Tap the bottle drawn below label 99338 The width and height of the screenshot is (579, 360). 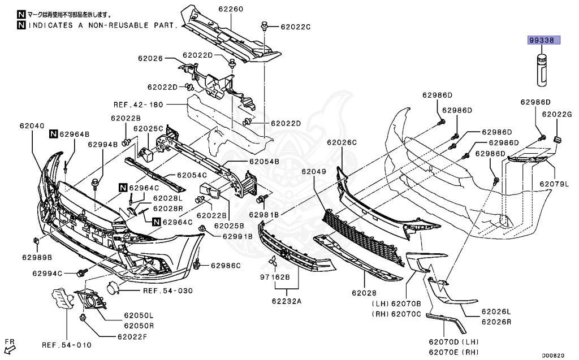point(542,70)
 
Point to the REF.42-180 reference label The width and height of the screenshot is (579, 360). point(138,105)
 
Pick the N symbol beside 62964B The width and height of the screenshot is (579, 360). point(53,134)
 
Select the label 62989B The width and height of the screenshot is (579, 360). point(37,257)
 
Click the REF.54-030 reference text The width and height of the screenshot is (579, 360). point(168,290)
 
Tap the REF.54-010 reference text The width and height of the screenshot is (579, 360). point(66,345)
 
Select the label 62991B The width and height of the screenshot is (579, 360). point(237,236)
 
